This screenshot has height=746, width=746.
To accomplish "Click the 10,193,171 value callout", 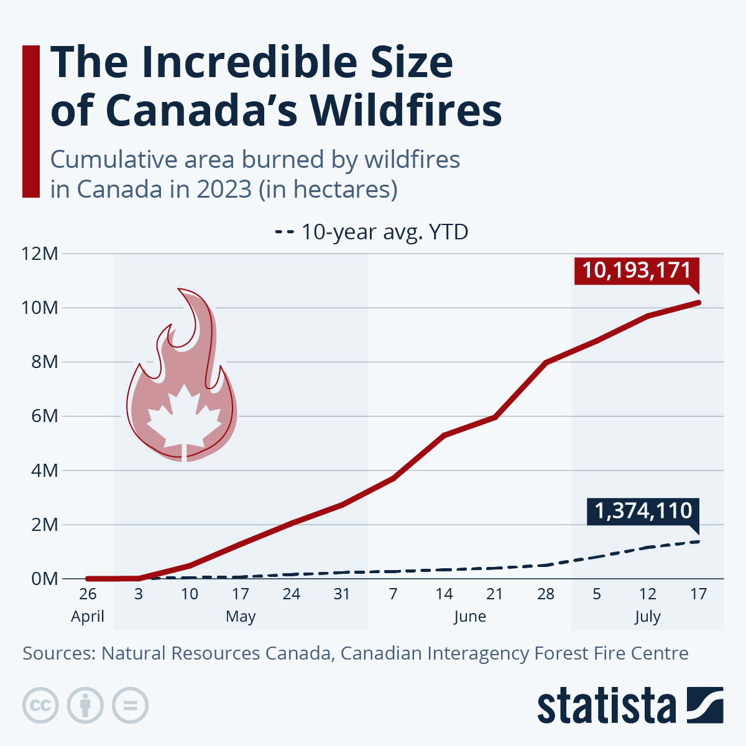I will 637,271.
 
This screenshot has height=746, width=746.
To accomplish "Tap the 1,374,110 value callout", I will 643,511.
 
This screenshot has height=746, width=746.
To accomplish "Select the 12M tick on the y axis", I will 40,254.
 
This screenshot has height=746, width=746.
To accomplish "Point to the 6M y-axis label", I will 44,416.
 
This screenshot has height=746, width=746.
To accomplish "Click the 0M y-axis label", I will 44,579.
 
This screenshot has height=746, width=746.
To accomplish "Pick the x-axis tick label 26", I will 88,594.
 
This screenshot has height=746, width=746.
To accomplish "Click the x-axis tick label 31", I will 342,594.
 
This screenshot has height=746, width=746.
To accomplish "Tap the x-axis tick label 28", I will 546,594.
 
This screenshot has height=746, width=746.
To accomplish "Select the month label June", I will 469,617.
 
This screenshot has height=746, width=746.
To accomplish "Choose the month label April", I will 88,617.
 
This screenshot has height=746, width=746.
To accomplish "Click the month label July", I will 647,617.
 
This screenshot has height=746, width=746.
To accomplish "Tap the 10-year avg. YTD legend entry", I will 371,232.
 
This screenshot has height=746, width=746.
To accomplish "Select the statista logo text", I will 606,706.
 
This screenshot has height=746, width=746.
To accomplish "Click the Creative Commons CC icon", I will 40,706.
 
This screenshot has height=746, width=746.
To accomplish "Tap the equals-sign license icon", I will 130,706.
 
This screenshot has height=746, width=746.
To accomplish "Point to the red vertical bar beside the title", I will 31,121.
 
